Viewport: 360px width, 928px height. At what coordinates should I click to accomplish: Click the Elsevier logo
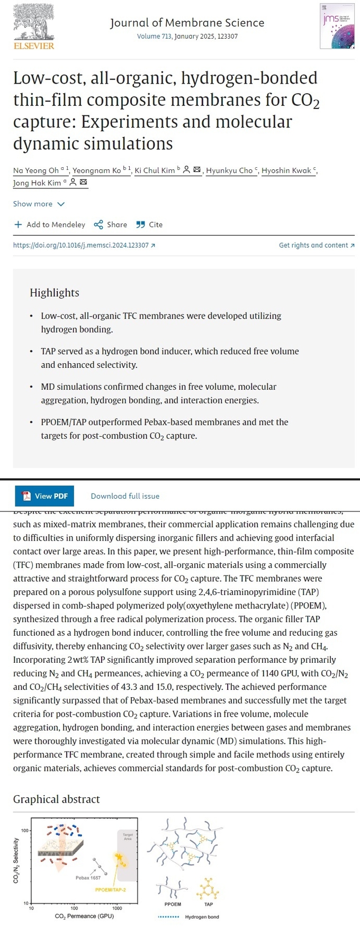[x=33, y=26]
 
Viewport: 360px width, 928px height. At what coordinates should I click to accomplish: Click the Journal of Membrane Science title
[x=187, y=23]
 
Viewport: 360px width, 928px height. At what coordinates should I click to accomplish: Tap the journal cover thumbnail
[x=336, y=26]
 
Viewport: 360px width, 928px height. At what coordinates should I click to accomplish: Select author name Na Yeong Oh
[x=36, y=170]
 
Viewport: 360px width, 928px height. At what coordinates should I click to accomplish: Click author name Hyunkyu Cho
[x=229, y=170]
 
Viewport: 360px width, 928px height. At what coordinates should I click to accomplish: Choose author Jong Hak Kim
[x=37, y=183]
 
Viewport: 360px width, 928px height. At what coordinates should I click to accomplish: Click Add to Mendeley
[x=49, y=224]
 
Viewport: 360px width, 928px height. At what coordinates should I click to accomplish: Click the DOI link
[x=84, y=245]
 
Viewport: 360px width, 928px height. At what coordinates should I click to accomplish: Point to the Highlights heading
[x=55, y=293]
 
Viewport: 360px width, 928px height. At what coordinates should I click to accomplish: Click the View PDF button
[x=44, y=496]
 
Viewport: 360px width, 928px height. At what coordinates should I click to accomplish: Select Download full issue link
[x=125, y=496]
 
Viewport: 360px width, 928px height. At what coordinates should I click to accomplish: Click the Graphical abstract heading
[x=57, y=799]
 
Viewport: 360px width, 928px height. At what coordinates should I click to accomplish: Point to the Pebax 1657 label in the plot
[x=88, y=878]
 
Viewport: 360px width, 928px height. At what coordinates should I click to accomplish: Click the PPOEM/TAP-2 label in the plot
[x=111, y=890]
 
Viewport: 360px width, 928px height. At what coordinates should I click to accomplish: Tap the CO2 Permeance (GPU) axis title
[x=84, y=916]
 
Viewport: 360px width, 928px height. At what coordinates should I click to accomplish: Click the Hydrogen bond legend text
[x=202, y=916]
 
